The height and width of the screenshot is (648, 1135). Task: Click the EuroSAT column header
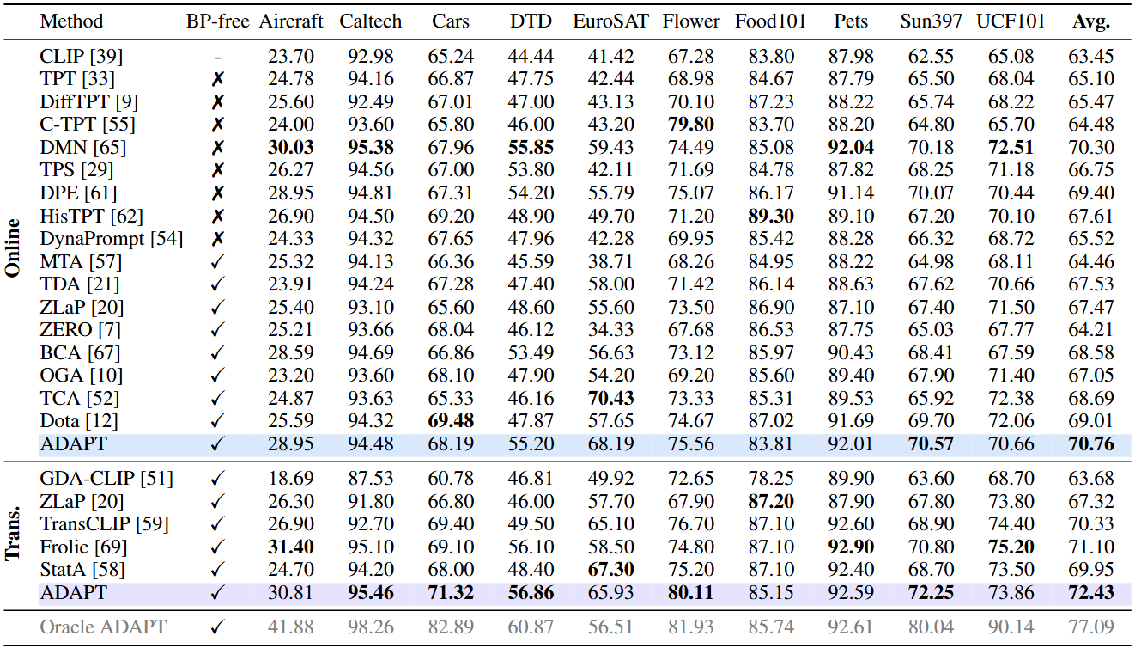click(x=610, y=21)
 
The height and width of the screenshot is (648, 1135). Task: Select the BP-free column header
click(x=218, y=21)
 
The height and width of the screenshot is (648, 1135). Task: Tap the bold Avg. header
click(x=1092, y=21)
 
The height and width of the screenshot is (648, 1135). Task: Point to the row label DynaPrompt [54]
click(x=112, y=239)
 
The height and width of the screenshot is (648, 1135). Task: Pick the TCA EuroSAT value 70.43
click(x=610, y=398)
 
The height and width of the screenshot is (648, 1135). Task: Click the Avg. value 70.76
click(x=1092, y=443)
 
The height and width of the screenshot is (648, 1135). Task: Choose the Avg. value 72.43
click(x=1092, y=591)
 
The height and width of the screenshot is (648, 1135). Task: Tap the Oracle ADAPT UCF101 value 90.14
click(x=1011, y=627)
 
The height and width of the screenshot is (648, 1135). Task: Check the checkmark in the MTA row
click(x=218, y=262)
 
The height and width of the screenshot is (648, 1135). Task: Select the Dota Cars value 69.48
click(x=451, y=421)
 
